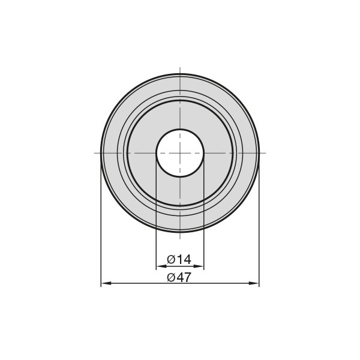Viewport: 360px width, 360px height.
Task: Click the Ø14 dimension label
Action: coord(179,260)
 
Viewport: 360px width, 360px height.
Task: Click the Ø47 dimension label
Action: coord(179,277)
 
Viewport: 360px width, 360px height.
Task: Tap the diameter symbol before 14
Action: coord(171,260)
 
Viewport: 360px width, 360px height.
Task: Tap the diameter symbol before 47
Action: coord(171,277)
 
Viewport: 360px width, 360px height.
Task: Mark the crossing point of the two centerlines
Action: coord(180,153)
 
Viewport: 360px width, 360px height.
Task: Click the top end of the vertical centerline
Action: coord(180,67)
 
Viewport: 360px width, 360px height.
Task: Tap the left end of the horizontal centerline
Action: coord(95,153)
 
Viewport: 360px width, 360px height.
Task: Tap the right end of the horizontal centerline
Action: coord(266,153)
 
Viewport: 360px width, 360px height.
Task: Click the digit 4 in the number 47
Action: coord(179,277)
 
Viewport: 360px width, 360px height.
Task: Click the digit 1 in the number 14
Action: coord(179,260)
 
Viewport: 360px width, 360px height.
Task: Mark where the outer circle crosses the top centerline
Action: coord(180,74)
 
